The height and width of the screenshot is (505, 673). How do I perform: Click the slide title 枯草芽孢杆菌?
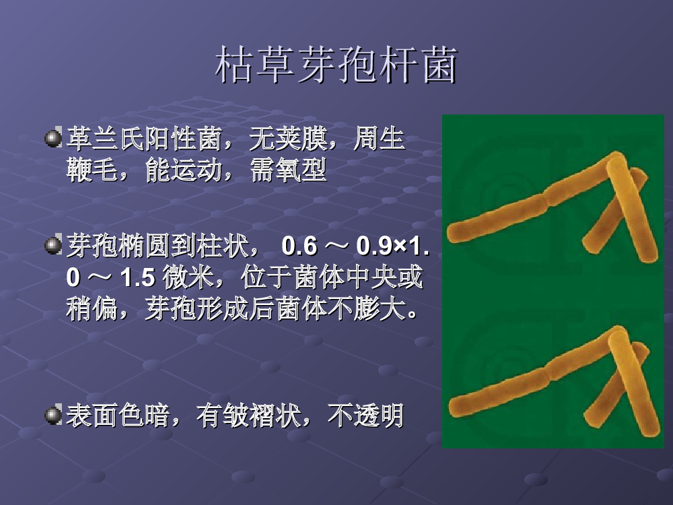[336, 65]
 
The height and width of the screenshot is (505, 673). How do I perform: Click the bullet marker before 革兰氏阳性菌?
[54, 137]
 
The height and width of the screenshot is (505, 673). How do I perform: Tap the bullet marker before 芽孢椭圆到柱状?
[54, 245]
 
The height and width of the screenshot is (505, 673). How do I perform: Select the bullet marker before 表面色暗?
[54, 415]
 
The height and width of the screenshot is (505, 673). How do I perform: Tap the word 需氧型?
[289, 170]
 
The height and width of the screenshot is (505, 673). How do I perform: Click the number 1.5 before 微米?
[137, 277]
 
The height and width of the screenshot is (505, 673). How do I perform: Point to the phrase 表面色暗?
[118, 415]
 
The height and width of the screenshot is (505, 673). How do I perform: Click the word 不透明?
[365, 415]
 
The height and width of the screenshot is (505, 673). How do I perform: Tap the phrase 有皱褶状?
[249, 415]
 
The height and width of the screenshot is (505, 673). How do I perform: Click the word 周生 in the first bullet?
[380, 138]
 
